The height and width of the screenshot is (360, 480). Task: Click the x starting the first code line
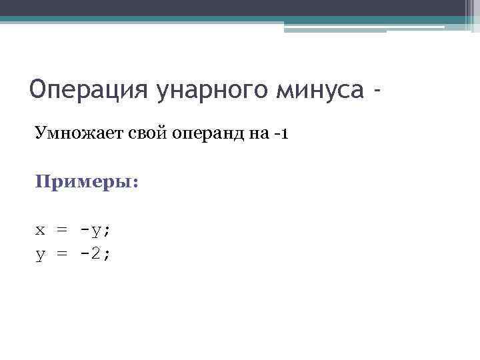pyautogui.click(x=41, y=231)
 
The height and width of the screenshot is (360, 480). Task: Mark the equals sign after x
pyautogui.click(x=62, y=231)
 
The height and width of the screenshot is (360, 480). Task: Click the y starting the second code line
pyautogui.click(x=41, y=253)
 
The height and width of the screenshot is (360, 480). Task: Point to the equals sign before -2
pyautogui.click(x=62, y=253)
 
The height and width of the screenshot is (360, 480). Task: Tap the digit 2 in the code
pyautogui.click(x=95, y=253)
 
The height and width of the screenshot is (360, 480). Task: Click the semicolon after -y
pyautogui.click(x=107, y=231)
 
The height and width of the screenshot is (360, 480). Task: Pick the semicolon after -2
pyautogui.click(x=107, y=254)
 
